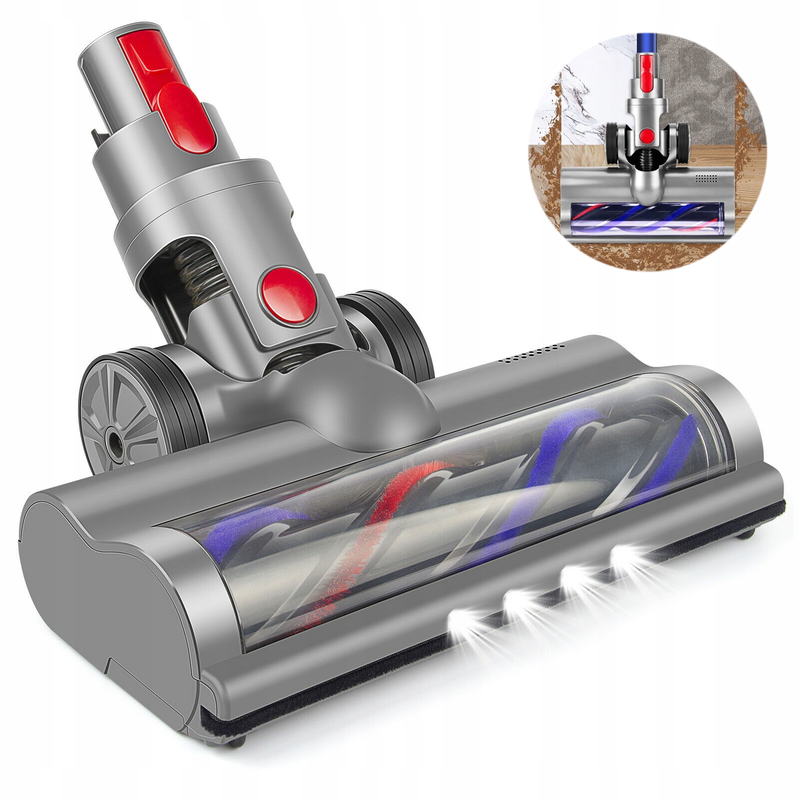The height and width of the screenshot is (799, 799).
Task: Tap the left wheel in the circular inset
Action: [613, 140]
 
